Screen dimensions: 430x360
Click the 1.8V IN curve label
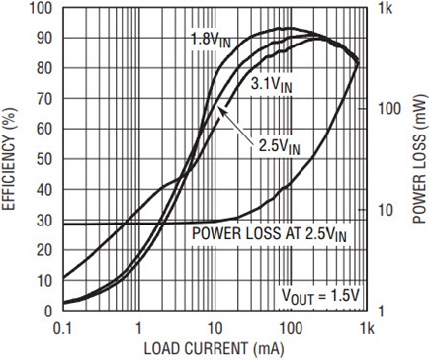(x=212, y=40)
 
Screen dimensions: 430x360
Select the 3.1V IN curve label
(x=271, y=84)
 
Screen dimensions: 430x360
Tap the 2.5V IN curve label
(x=279, y=146)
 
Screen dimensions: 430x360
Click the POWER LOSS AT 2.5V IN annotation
(x=269, y=233)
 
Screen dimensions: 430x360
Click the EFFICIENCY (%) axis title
(x=9, y=158)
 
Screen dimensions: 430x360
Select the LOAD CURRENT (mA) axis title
(x=214, y=349)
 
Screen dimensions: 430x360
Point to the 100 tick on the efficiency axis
(x=41, y=8)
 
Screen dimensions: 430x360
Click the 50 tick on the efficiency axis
(x=44, y=159)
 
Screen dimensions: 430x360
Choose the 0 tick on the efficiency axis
(x=48, y=311)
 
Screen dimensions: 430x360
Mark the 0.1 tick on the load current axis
(x=62, y=328)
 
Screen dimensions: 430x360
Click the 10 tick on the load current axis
(x=215, y=328)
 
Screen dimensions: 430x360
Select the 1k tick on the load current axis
(x=367, y=328)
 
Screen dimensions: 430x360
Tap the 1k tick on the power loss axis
(x=386, y=8)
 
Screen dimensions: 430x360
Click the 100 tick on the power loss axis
(x=389, y=109)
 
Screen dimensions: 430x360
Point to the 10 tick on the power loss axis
(x=386, y=210)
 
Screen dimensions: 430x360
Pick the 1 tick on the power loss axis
(x=381, y=311)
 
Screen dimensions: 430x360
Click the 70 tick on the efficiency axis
(x=44, y=99)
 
